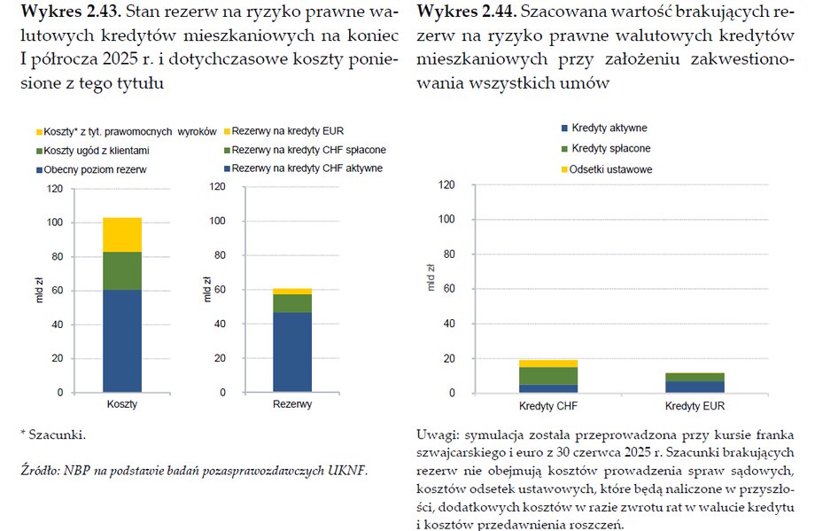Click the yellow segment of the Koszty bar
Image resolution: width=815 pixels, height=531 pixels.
pyautogui.click(x=122, y=234)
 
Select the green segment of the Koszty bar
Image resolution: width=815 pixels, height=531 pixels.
pyautogui.click(x=122, y=270)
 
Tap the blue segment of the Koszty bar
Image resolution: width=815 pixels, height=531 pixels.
pyautogui.click(x=122, y=340)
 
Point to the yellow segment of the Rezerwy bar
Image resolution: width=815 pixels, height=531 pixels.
pyautogui.click(x=291, y=291)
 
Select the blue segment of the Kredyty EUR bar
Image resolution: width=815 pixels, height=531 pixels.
pyautogui.click(x=694, y=387)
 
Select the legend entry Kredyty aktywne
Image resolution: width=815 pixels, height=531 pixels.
pyautogui.click(x=609, y=129)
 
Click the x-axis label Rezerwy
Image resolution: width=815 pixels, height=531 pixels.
pyautogui.click(x=291, y=404)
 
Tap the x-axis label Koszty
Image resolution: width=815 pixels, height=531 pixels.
pyautogui.click(x=122, y=404)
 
